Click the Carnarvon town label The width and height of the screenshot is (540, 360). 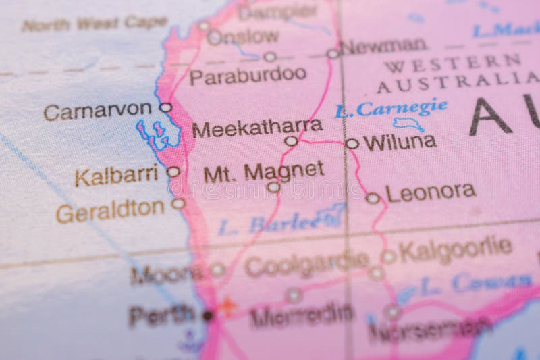coord(97,110)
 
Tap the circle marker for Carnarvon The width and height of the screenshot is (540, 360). coord(165,107)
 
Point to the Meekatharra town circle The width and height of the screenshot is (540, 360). coord(291,141)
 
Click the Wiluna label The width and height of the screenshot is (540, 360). coord(400,143)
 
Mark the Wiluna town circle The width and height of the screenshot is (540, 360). coord(352,143)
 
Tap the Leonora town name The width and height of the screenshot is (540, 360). coord(431,192)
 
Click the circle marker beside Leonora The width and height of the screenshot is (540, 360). coord(373,198)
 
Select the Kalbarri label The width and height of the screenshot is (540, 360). coord(116,176)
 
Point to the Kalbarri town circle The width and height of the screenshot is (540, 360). coord(173,172)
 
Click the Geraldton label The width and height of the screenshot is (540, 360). coord(110,211)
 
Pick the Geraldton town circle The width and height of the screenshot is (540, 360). coord(178,203)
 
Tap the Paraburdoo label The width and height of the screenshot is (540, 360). coord(248,75)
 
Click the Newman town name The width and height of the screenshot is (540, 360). coord(383,46)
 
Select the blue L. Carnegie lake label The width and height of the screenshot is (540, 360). coord(391,108)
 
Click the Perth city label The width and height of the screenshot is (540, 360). coord(161,314)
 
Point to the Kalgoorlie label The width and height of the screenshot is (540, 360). coord(455,249)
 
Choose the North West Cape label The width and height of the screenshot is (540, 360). coord(94,24)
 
